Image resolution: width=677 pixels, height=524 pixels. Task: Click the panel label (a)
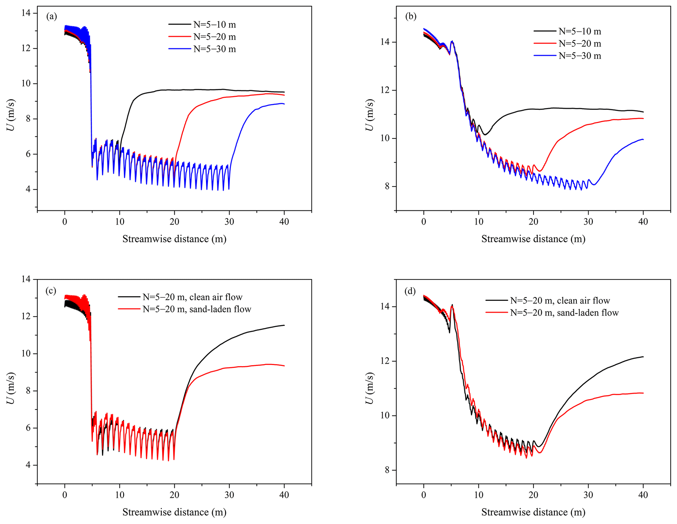pyautogui.click(x=51, y=16)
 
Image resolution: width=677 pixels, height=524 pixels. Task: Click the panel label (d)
pyautogui.click(x=410, y=291)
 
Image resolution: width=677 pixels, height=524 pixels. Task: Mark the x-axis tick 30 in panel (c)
pyautogui.click(x=229, y=495)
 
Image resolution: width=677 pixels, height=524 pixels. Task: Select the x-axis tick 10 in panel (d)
pyautogui.click(x=479, y=495)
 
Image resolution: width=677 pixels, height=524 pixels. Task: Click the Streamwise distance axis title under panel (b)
pyautogui.click(x=533, y=239)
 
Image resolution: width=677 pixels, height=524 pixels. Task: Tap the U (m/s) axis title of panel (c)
pyautogui.click(x=11, y=388)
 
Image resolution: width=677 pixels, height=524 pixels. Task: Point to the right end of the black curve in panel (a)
pyautogui.click(x=284, y=92)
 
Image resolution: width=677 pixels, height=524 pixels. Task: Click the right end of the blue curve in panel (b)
pyautogui.click(x=643, y=139)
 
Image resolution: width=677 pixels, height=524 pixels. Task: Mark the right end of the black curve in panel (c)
pyautogui.click(x=284, y=325)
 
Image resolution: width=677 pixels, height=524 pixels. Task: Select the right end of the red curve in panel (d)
pyautogui.click(x=643, y=393)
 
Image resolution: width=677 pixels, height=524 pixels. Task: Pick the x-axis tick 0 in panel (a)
pyautogui.click(x=65, y=222)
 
